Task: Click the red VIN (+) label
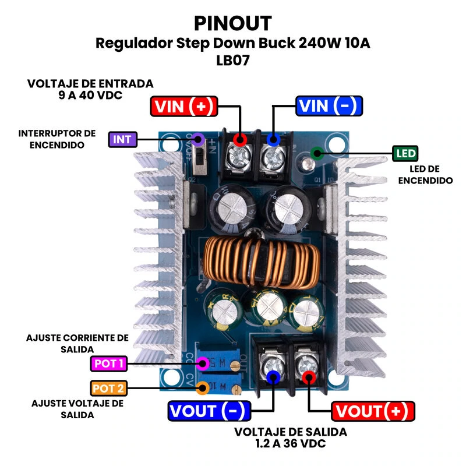(x=183, y=106)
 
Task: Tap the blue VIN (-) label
(x=329, y=106)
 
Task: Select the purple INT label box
(x=122, y=139)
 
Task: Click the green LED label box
(x=405, y=154)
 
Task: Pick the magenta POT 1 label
(x=109, y=364)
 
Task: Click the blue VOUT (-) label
(x=209, y=411)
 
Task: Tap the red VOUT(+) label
(x=373, y=411)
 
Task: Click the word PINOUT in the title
(x=232, y=23)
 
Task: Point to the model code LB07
(x=232, y=60)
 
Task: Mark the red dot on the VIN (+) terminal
(x=239, y=139)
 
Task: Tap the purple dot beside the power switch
(x=198, y=139)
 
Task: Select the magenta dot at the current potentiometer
(x=203, y=364)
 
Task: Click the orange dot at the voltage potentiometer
(x=203, y=388)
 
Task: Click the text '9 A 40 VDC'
(x=90, y=95)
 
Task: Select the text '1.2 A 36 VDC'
(x=291, y=444)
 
